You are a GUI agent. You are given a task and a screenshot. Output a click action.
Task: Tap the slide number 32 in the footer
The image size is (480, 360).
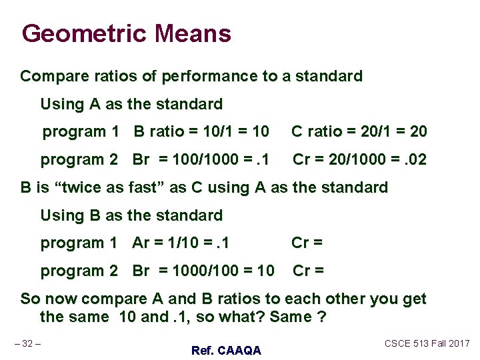[27, 343]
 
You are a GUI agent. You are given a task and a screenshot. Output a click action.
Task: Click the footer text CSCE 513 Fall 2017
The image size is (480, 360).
[427, 343]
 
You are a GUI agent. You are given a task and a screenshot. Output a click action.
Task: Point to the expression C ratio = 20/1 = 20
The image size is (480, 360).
[359, 132]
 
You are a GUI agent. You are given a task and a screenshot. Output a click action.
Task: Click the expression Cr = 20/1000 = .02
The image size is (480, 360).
[360, 160]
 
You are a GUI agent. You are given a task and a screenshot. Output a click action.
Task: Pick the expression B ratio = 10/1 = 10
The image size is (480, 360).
[201, 132]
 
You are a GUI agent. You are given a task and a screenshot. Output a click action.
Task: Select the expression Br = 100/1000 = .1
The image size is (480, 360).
[201, 160]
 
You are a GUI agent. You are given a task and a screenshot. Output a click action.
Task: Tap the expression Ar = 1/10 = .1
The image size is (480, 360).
[181, 243]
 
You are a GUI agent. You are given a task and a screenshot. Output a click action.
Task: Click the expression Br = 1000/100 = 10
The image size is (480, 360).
[203, 271]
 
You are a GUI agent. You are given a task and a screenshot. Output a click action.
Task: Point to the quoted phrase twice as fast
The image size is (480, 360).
[111, 188]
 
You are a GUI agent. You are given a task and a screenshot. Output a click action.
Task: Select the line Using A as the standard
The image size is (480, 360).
[131, 105]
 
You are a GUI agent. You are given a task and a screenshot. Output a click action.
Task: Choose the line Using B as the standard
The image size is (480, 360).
[131, 216]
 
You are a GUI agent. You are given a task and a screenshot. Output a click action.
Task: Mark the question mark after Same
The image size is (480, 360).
[322, 317]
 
